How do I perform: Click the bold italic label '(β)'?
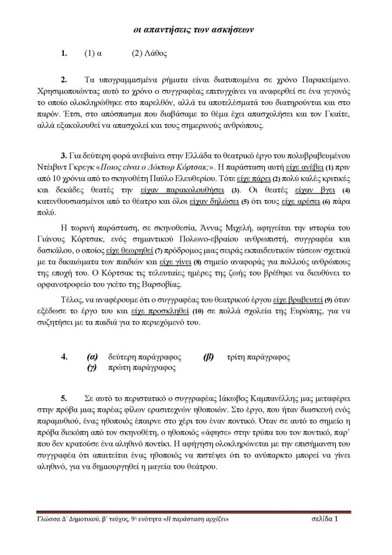pyautogui.click(x=208, y=357)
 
